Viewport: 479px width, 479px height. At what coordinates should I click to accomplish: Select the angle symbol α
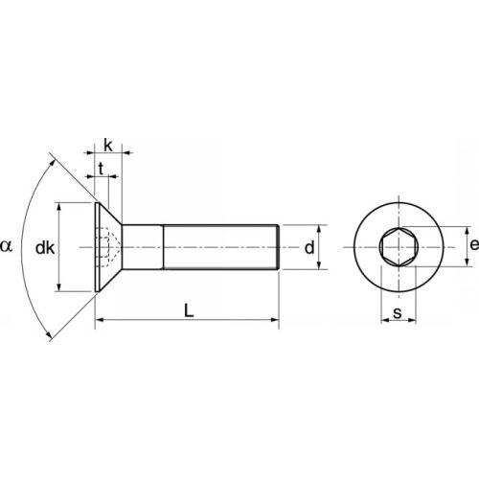point(8,247)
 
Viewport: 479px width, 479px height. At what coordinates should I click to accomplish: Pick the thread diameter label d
point(309,248)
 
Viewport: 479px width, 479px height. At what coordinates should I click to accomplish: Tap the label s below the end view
point(396,313)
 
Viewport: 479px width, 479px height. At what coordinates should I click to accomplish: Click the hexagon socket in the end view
point(396,247)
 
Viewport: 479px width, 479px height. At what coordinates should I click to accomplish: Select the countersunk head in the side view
point(108,247)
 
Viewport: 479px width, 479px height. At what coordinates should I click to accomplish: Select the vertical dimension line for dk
point(61,247)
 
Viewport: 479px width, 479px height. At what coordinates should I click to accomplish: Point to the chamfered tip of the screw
point(278,247)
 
